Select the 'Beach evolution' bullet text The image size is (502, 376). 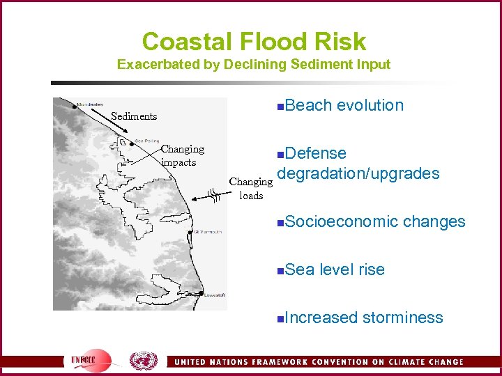point(344,105)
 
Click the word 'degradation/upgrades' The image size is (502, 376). point(358,173)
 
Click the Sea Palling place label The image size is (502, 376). point(146,139)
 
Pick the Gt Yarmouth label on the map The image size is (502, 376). point(208,231)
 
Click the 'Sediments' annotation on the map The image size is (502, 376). point(134,116)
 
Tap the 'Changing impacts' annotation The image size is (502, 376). point(182,155)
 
